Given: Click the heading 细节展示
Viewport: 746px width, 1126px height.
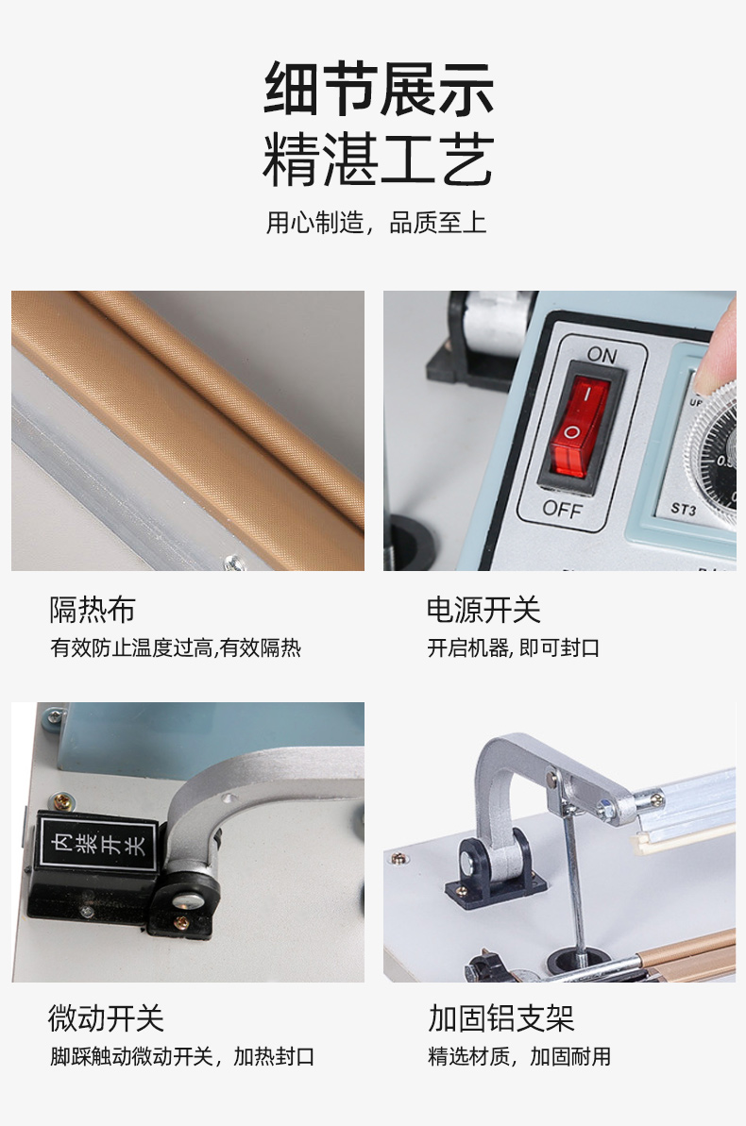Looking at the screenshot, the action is [379, 89].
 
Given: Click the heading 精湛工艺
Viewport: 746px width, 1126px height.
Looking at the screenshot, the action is [379, 160].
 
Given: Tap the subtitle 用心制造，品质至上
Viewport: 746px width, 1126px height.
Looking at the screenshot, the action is [376, 223].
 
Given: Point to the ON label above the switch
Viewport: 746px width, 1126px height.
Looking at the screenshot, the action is [602, 355].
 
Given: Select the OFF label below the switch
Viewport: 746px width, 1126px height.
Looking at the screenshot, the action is [562, 509].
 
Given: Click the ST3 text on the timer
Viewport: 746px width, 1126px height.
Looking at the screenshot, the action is [684, 509].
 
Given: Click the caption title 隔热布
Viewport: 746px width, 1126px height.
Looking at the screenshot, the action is [92, 610].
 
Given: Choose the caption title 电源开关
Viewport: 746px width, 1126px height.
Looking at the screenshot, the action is [483, 610].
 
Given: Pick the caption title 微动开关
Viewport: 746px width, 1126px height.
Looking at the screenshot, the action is [107, 1017].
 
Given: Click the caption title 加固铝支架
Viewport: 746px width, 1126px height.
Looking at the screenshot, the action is [500, 1017].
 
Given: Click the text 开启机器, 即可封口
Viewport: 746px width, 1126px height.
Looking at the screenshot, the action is [513, 647].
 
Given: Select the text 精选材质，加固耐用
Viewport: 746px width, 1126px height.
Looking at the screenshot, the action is [518, 1056].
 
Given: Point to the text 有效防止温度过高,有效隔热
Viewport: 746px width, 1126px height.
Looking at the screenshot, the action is [176, 647].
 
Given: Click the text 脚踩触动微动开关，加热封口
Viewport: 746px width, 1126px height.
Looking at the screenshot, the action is [182, 1056].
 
